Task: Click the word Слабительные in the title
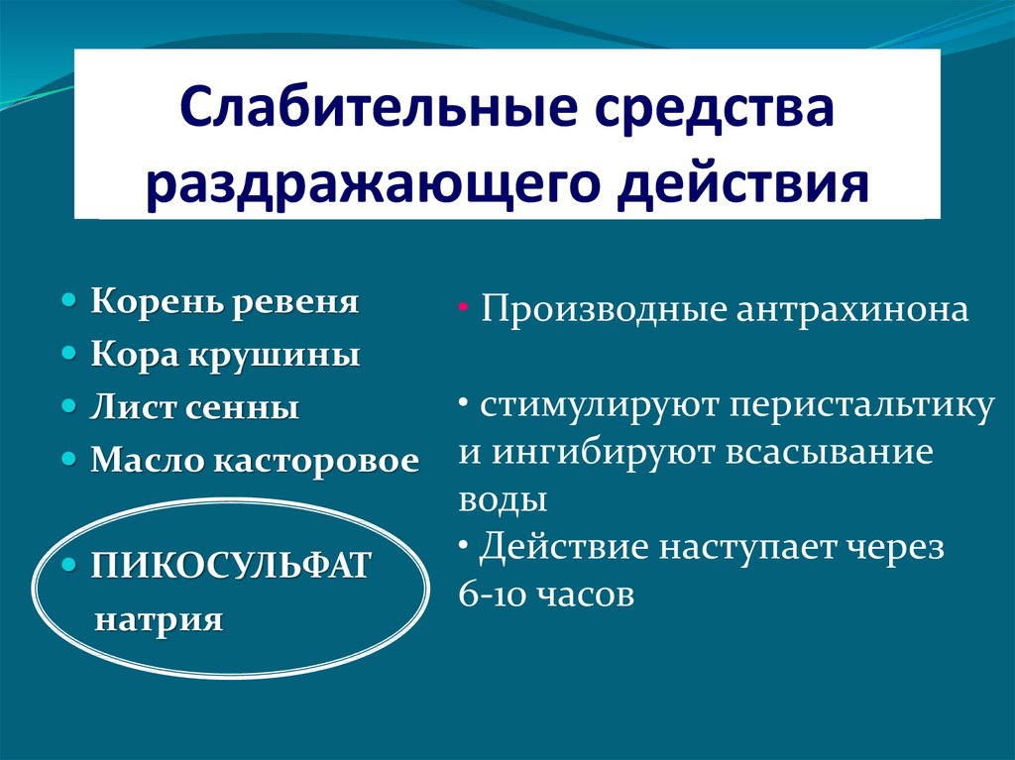click(x=377, y=107)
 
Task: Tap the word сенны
click(x=242, y=408)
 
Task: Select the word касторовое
click(x=316, y=461)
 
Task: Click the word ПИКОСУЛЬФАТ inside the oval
click(x=230, y=565)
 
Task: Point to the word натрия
click(x=159, y=620)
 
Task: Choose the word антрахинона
click(x=852, y=309)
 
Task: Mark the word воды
click(x=503, y=500)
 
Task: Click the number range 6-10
click(x=490, y=595)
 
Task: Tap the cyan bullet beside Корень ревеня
click(x=69, y=301)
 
